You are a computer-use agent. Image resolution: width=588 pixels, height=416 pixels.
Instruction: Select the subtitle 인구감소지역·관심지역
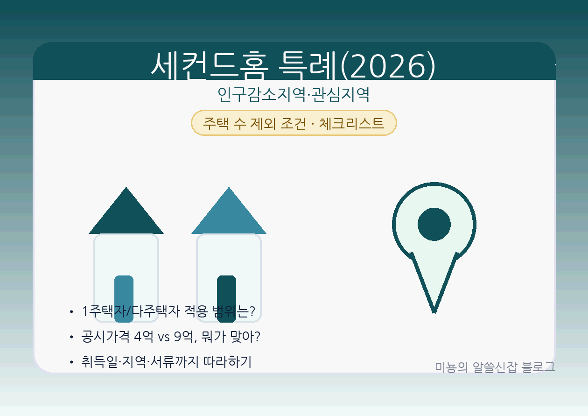294,95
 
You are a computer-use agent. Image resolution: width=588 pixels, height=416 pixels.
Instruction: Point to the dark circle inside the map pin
434,224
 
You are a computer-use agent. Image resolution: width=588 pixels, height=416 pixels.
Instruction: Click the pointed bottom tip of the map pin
434,310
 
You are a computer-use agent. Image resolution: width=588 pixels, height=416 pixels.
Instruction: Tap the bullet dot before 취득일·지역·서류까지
71,362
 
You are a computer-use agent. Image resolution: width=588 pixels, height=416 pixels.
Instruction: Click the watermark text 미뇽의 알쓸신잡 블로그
495,367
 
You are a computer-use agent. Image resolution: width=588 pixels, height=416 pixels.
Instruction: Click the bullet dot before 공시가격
71,337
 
